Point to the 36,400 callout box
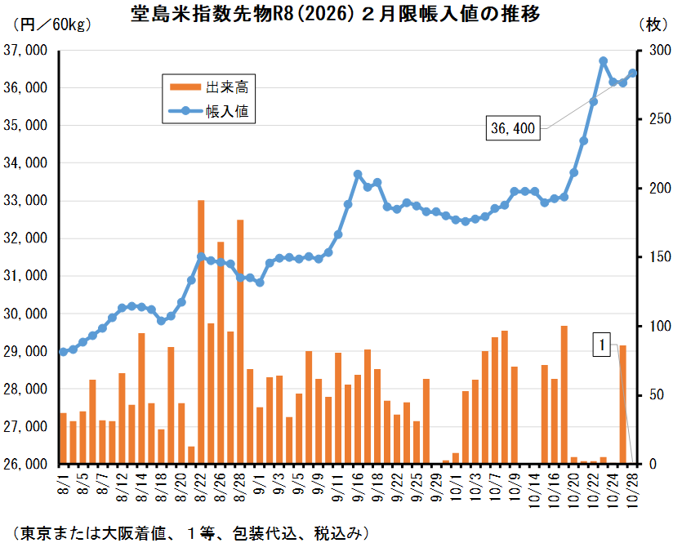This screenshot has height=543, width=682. pos(513,128)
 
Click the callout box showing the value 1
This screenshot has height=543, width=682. pos(603,345)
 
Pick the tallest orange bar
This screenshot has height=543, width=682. pos(201,332)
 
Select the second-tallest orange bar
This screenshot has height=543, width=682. pos(240,341)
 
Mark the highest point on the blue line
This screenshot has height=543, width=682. pos(603,61)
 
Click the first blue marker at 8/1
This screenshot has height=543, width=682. pos(63,352)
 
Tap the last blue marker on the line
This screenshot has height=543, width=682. pos(632,73)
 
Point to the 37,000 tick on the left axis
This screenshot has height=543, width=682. pos(25,51)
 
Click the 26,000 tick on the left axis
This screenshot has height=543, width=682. pos(25,464)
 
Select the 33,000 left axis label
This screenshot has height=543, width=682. pos(25,201)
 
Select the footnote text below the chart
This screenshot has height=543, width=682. pos(192,531)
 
